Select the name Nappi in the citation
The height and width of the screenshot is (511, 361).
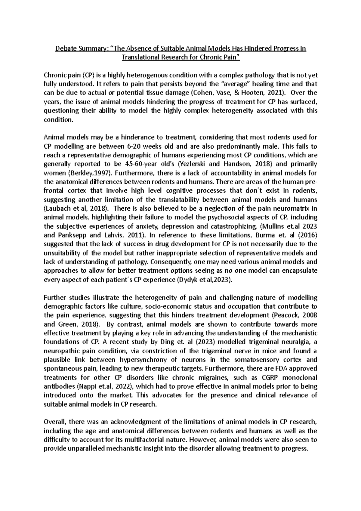click(x=88, y=386)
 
